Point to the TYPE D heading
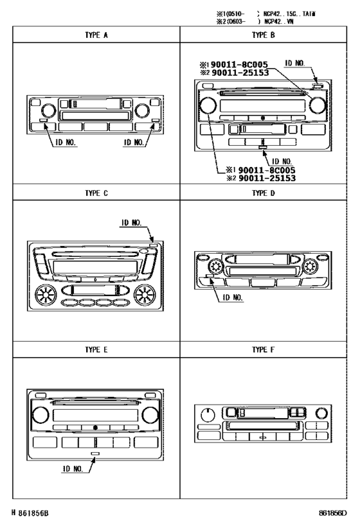point(264,191)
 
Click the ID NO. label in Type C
point(132,224)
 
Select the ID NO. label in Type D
point(231,298)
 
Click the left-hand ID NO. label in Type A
point(64,143)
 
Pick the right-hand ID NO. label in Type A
point(135,143)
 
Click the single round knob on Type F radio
point(208,414)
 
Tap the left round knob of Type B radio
point(208,107)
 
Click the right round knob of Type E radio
point(152,416)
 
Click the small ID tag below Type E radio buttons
point(95,453)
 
